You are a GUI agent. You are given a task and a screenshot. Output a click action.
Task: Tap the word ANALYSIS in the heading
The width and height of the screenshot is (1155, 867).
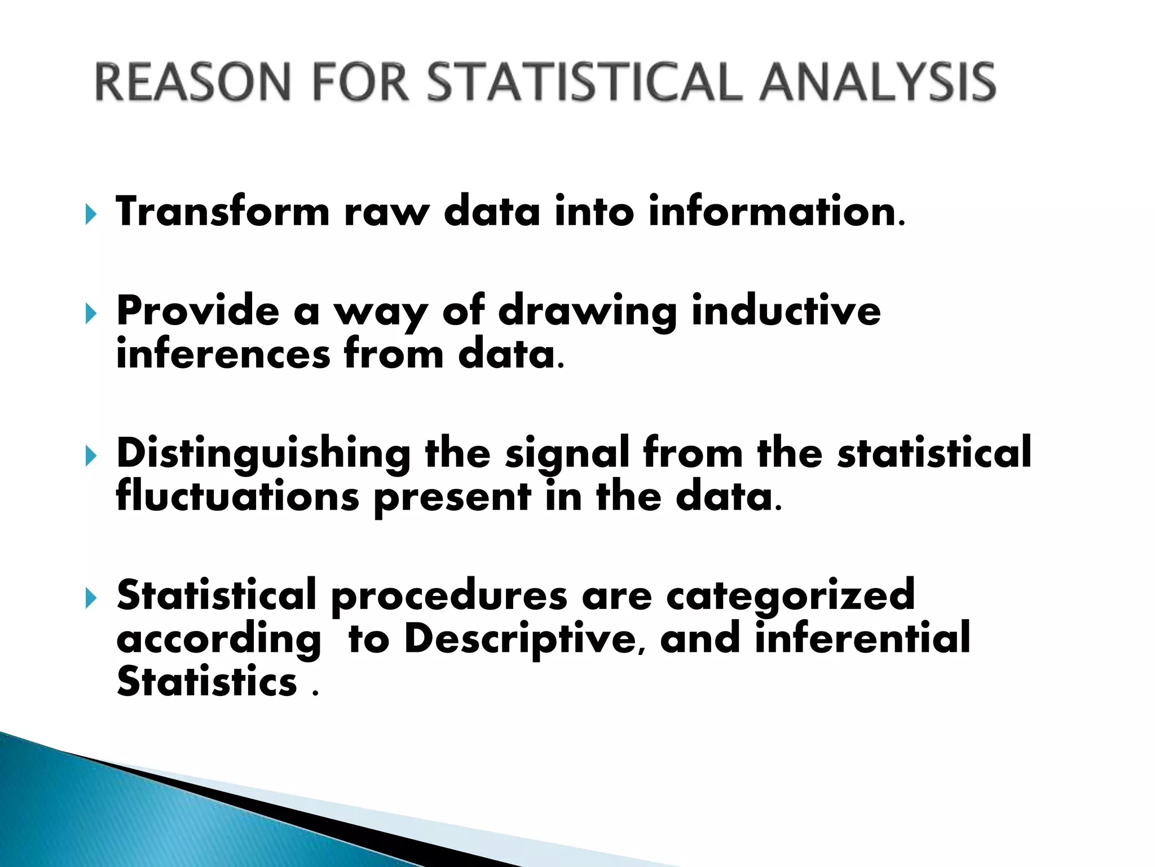click(878, 82)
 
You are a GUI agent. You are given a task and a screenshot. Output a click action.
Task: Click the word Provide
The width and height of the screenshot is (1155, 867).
click(198, 311)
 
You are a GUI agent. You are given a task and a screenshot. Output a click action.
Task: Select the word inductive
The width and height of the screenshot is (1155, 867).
click(786, 311)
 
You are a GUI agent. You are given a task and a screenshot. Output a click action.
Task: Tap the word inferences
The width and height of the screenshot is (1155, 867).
click(223, 354)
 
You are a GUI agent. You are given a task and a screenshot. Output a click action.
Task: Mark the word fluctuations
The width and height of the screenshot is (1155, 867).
click(237, 496)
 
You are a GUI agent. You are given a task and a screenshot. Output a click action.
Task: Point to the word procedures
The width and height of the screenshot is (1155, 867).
click(449, 595)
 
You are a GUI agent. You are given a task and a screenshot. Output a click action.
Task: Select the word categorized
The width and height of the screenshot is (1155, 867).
click(790, 595)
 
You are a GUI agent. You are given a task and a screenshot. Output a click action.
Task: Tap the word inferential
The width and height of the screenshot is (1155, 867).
click(862, 638)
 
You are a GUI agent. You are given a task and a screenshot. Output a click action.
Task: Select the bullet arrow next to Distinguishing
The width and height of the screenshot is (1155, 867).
click(91, 456)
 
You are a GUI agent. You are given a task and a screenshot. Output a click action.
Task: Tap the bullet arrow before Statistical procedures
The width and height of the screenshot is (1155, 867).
click(91, 598)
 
